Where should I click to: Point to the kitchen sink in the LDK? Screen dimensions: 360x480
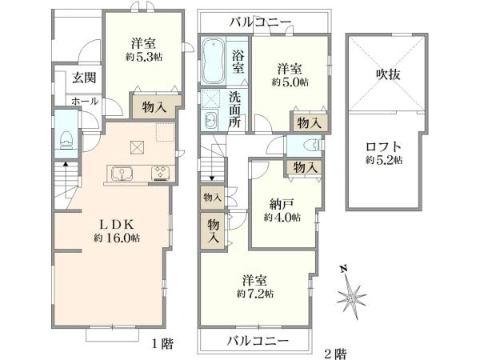pos(122,172)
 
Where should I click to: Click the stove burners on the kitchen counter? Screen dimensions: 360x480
pos(160,172)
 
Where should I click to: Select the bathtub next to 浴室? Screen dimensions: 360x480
pos(214,62)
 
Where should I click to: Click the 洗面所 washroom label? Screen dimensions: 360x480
pos(236,110)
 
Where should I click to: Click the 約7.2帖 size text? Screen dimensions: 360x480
pos(256,294)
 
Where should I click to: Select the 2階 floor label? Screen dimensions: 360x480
pos(336,351)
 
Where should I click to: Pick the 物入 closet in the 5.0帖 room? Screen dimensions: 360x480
pos(309,122)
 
